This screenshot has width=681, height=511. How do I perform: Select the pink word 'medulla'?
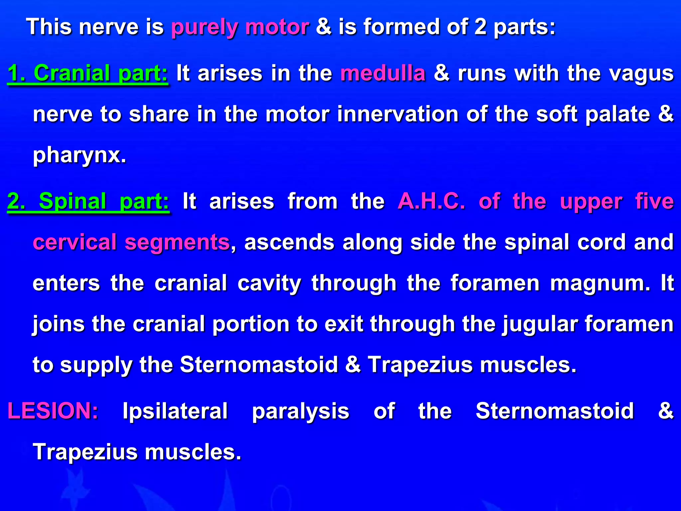(x=383, y=74)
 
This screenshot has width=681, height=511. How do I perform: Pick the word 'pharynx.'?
(x=79, y=155)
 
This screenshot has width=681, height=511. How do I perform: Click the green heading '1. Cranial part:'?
(x=88, y=74)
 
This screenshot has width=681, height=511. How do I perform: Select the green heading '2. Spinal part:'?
(x=88, y=201)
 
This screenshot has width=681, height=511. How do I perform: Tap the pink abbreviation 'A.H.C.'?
(x=431, y=201)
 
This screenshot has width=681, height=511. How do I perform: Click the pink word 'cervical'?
(x=74, y=242)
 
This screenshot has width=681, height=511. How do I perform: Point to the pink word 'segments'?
(x=177, y=242)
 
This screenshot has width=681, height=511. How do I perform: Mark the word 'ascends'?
(x=289, y=242)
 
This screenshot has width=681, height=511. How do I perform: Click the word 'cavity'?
(x=269, y=283)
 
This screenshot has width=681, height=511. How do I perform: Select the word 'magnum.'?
(x=600, y=283)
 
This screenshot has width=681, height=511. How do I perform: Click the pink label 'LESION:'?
(x=53, y=411)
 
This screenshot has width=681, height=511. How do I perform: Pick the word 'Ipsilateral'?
(x=175, y=411)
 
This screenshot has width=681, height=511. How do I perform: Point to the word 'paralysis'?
(x=301, y=412)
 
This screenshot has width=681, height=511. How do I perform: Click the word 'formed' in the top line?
(x=401, y=27)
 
